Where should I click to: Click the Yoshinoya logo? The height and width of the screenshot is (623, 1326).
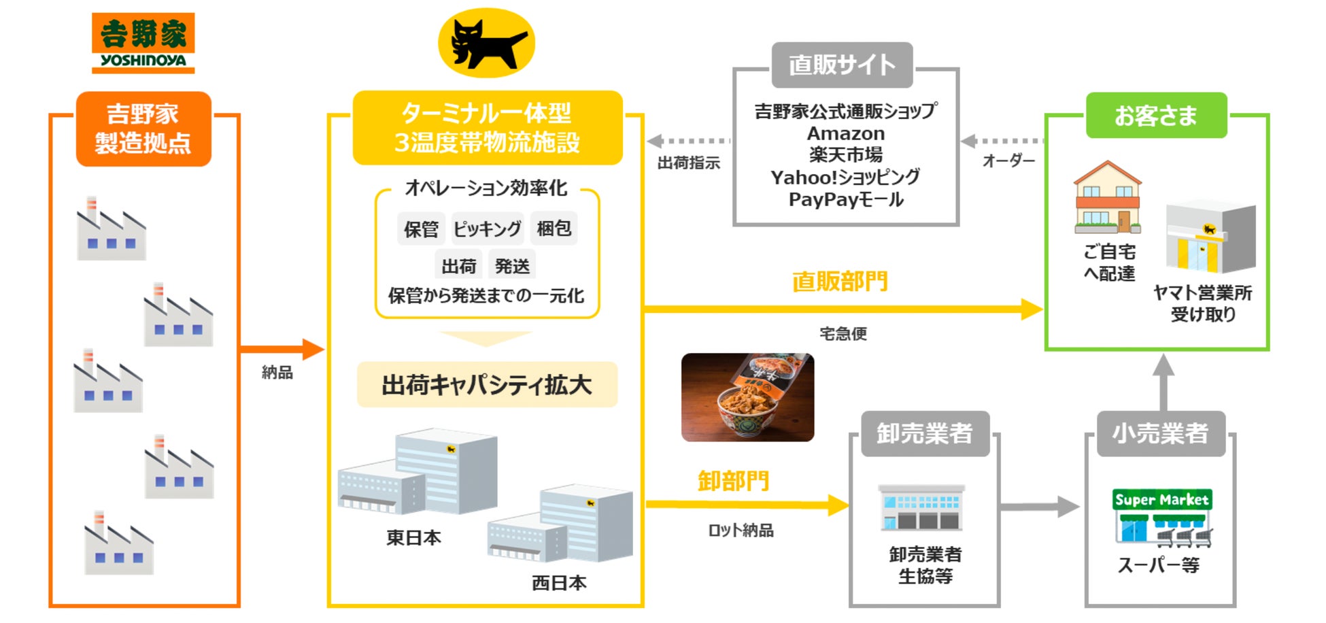tap(143, 42)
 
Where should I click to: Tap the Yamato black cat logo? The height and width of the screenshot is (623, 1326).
tap(486, 43)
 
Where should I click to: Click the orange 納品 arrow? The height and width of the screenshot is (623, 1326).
tap(282, 350)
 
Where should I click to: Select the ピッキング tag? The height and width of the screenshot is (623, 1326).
tap(487, 229)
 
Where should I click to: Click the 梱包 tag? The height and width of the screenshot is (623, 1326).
tap(554, 229)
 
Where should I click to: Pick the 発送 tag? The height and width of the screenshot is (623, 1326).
tap(512, 266)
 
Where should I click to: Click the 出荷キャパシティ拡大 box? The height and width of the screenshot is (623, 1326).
tap(487, 385)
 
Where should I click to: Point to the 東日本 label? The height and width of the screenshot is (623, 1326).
tap(413, 538)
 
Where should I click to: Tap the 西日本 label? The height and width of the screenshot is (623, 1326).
tap(559, 583)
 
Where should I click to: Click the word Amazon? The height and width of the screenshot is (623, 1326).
tap(845, 133)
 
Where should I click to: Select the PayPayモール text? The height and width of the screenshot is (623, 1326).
tap(846, 200)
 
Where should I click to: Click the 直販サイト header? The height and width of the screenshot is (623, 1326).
tap(842, 65)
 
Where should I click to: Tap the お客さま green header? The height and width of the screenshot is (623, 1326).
tap(1156, 116)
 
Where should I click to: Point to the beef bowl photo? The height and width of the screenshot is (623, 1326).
tap(747, 397)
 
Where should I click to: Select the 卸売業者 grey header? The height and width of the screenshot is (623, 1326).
tap(924, 433)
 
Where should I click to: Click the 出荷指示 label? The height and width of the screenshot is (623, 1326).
tap(688, 163)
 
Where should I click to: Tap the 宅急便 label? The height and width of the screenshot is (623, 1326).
tap(843, 334)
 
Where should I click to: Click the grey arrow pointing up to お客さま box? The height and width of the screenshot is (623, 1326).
tap(1163, 381)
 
